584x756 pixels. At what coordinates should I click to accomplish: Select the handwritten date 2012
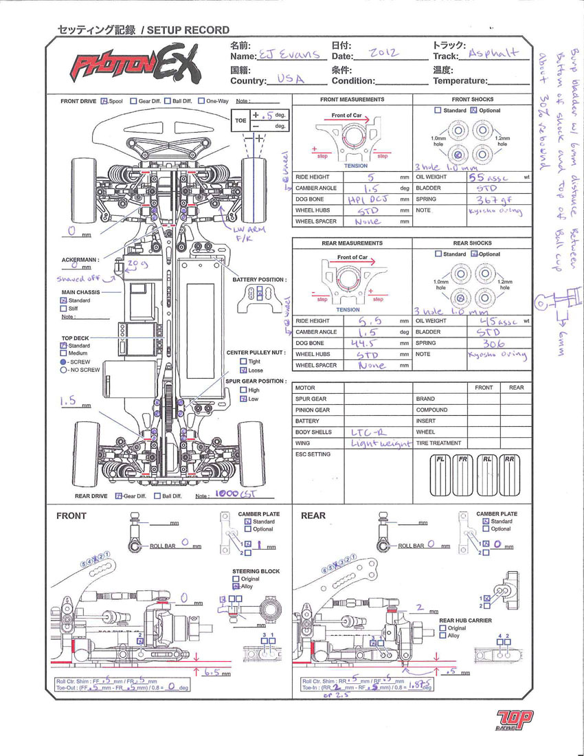point(382,54)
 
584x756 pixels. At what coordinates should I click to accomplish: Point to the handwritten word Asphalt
point(494,53)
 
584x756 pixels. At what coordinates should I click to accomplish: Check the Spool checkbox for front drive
point(104,101)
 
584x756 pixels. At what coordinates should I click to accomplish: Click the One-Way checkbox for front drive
point(201,101)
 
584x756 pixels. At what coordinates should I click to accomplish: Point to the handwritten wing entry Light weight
point(381,444)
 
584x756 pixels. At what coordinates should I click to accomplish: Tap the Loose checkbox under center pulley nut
point(243,370)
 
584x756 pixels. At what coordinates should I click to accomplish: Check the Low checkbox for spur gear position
point(243,399)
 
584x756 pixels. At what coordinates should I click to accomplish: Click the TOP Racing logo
point(513,720)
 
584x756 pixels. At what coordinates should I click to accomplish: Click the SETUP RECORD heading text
point(187,30)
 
